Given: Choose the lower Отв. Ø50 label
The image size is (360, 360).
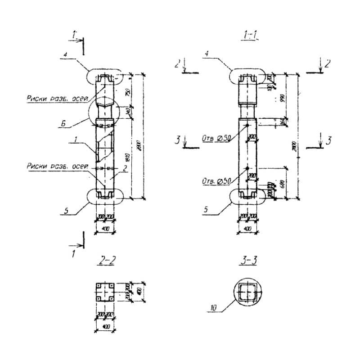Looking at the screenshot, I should (x=216, y=181).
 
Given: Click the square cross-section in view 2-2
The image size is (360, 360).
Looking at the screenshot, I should (x=106, y=292).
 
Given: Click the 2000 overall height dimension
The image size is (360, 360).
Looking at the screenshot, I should (x=141, y=146).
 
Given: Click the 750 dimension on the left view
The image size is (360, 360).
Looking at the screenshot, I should (x=130, y=92).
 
